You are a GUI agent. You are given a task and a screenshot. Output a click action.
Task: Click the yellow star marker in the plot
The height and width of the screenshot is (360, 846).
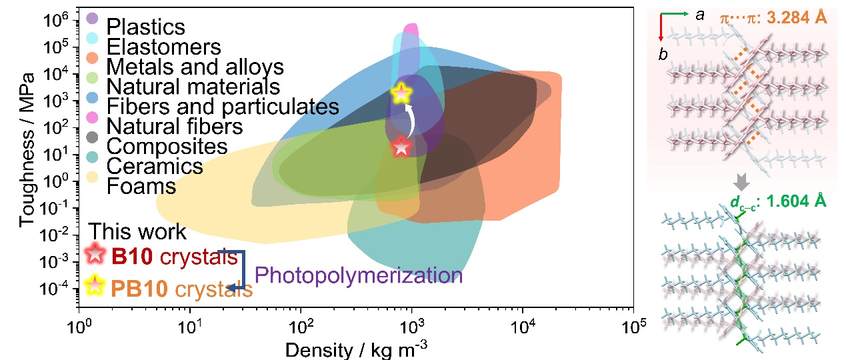pos(401,93)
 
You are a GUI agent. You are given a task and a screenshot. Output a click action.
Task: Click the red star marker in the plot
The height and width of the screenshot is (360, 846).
pos(401,147)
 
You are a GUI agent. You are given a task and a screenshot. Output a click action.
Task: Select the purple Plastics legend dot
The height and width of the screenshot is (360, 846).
pos(93,18)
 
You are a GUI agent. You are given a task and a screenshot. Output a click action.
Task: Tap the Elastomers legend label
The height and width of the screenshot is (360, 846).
pos(163,47)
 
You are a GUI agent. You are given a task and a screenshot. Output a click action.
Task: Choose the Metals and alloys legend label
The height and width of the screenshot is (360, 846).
pos(195,67)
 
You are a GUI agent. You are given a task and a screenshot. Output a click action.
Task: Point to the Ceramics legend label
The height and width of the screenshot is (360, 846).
pos(155,165)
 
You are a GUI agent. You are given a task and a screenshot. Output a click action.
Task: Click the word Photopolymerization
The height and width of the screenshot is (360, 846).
pos(358,275)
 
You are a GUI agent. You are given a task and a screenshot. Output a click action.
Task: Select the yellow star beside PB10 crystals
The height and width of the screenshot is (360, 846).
pos(95,285)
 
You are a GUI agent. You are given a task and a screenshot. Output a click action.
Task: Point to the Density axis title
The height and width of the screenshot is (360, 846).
pos(363,349)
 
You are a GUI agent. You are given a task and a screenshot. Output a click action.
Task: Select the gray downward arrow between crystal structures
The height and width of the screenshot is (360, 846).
pos(741,181)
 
